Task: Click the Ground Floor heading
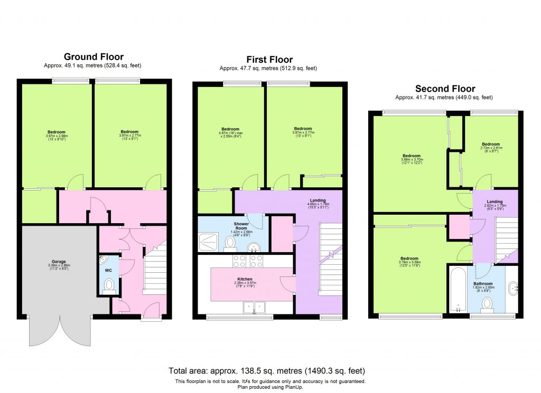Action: [x=94, y=56]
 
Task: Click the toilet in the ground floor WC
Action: [x=109, y=285]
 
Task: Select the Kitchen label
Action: [x=244, y=279]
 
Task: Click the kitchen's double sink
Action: [x=254, y=307]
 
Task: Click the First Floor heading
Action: [x=269, y=60]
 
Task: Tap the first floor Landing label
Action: [x=317, y=200]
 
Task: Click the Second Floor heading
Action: [x=445, y=89]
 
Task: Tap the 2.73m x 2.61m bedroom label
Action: [x=491, y=146]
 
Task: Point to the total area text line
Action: [x=267, y=371]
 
